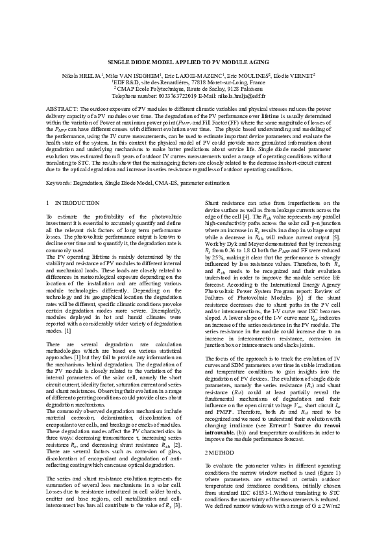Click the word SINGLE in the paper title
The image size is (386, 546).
119,61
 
